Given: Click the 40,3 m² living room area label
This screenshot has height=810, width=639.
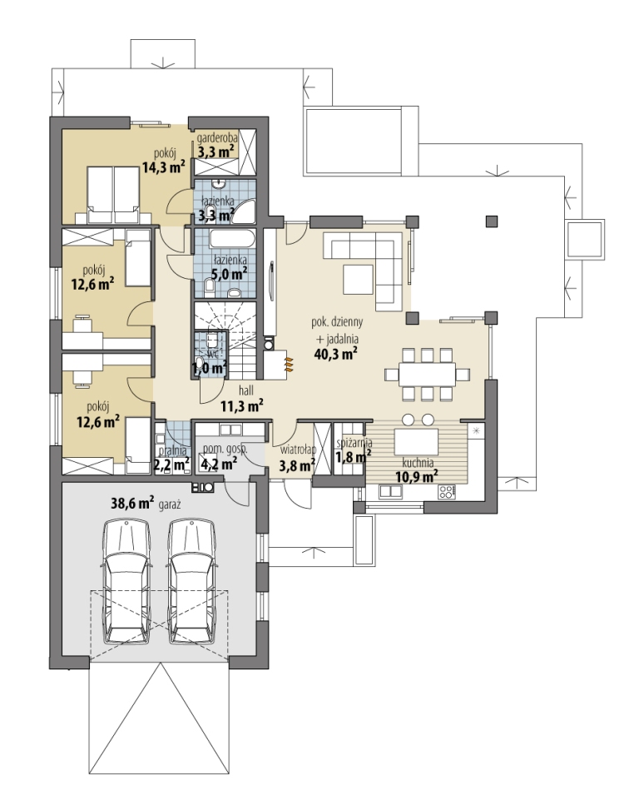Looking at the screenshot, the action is pos(336,354).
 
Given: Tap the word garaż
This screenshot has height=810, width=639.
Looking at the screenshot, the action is pos(169,505).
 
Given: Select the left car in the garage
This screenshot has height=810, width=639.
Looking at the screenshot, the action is pos(127,582).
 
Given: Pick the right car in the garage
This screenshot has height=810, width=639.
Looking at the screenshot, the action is pos(192,582).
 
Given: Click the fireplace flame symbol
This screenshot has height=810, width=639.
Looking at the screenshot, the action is pos(289,364).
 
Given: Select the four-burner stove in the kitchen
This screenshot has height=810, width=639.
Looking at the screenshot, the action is pos(447,492).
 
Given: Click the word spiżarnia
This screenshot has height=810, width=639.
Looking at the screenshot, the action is pos(354,443).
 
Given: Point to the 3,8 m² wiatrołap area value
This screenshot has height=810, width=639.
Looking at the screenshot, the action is pos(297,466).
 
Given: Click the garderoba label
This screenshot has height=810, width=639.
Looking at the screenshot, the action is pos(217,138).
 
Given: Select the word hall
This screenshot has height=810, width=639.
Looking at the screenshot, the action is pos(246,390).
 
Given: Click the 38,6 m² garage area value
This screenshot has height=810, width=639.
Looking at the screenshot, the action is pos(132,503).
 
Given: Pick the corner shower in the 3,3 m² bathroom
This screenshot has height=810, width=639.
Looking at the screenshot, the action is pos(244,211).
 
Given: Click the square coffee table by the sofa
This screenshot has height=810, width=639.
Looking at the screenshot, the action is pos(358,279).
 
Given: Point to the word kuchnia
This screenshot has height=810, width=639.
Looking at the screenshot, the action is pos(418,463).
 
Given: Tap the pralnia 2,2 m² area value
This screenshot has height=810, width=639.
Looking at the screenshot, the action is pos(171,465).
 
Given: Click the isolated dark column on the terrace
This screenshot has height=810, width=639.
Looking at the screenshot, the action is pos(492,221).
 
